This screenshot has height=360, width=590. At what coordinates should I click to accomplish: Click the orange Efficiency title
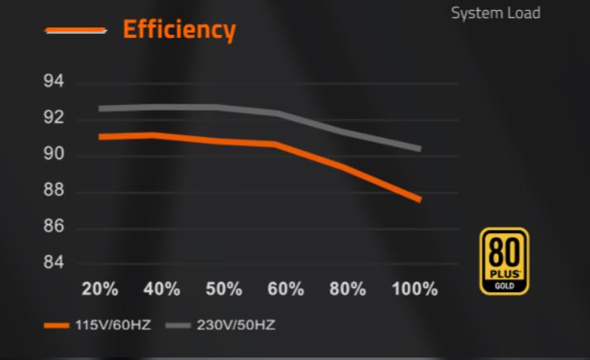click(x=179, y=30)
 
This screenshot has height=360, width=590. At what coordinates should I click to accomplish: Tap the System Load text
click(x=495, y=13)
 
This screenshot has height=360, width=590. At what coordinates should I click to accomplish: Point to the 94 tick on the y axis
click(x=55, y=83)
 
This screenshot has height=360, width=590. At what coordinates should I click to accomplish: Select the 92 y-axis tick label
click(x=55, y=118)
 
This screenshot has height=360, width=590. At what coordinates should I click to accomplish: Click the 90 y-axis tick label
click(x=55, y=155)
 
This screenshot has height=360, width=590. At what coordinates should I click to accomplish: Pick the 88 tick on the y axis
click(x=55, y=191)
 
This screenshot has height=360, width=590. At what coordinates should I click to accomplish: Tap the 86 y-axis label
click(x=55, y=228)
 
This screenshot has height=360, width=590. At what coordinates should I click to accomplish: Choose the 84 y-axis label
click(x=55, y=264)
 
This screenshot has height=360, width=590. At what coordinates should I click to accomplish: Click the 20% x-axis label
click(x=100, y=290)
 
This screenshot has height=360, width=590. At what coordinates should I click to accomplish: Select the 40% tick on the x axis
click(x=161, y=290)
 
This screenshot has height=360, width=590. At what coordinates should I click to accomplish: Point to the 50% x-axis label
click(x=223, y=290)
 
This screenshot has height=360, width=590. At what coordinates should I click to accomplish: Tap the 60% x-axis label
click(x=285, y=290)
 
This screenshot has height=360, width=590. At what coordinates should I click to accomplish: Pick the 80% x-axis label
click(x=348, y=290)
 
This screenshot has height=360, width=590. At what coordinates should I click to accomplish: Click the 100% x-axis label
click(x=415, y=290)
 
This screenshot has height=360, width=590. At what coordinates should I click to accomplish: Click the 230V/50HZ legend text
click(x=236, y=324)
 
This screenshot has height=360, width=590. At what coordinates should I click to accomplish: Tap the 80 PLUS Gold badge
click(x=504, y=261)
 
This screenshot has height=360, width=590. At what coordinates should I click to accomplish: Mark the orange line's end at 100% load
click(x=420, y=199)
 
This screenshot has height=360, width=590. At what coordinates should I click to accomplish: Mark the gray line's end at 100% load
click(x=420, y=149)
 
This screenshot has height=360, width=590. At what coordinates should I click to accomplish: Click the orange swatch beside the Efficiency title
click(x=76, y=31)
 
